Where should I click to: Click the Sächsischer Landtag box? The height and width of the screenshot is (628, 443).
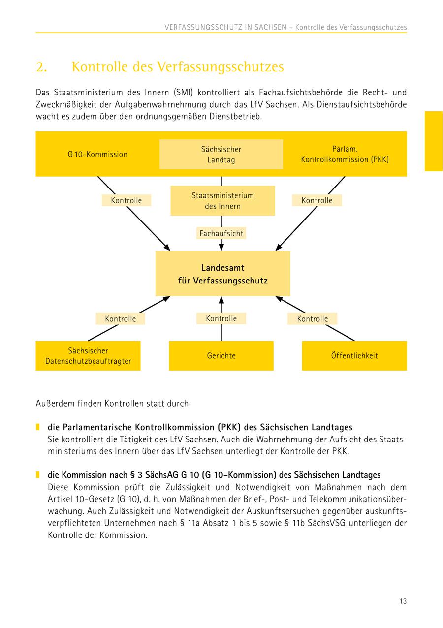point(221,154)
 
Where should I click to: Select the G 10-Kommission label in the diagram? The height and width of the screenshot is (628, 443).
point(97,154)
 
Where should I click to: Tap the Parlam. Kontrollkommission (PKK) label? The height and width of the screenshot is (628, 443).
point(345,154)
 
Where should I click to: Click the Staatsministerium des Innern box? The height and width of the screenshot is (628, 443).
point(222,201)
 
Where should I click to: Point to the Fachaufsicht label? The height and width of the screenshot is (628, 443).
point(221,233)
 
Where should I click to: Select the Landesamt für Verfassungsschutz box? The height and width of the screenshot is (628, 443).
point(222,274)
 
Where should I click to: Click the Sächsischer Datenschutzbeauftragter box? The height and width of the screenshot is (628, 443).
point(88,356)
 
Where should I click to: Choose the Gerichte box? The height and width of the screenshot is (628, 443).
point(221,355)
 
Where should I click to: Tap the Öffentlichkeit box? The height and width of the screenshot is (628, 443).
point(354,355)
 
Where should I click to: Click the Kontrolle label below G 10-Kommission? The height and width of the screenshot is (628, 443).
point(126,200)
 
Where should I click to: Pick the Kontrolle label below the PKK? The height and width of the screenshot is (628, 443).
point(316,200)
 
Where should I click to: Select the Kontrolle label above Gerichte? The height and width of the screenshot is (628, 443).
point(221,318)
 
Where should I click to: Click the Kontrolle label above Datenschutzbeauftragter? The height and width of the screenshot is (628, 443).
point(120,319)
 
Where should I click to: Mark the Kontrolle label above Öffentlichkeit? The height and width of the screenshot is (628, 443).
point(312,319)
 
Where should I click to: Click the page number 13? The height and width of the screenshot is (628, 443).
point(403,601)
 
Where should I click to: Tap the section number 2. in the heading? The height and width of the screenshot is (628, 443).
point(41,67)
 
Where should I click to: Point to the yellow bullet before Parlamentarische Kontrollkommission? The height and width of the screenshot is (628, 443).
point(37,427)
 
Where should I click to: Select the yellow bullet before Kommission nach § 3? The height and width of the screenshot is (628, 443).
point(37,475)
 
